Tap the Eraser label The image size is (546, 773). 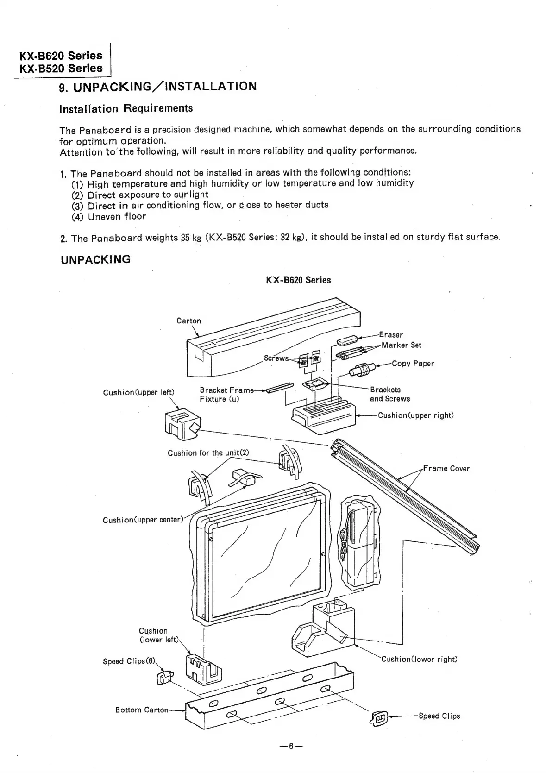[391, 334]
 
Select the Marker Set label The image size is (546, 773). [402, 345]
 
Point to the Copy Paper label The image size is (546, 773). [413, 364]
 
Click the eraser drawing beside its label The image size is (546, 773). [348, 340]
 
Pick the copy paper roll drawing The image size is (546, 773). [364, 369]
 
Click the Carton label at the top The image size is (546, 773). [189, 321]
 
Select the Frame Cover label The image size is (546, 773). [446, 469]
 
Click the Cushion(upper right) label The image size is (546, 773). [416, 415]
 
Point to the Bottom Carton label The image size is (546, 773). [142, 710]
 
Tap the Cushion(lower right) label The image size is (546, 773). [419, 659]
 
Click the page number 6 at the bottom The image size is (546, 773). [291, 746]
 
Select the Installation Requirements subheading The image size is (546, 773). [126, 109]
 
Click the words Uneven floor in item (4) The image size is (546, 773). [117, 217]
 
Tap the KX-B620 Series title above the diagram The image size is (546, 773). [299, 280]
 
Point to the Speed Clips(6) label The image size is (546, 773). [130, 661]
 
